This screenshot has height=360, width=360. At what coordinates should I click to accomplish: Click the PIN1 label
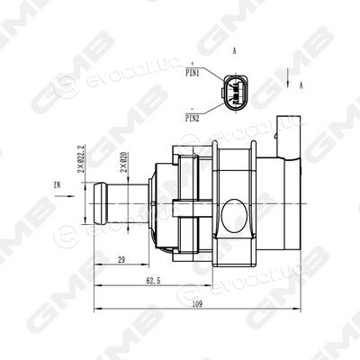[193, 73]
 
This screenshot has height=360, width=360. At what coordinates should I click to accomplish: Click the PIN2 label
[193, 119]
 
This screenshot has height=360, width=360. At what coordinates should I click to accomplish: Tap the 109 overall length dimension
[197, 304]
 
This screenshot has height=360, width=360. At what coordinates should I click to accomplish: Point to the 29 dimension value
[121, 260]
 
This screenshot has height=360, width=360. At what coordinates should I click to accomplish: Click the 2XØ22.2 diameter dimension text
[81, 159]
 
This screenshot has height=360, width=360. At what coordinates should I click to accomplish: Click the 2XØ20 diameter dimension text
[123, 162]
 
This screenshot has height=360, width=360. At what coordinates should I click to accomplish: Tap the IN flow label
[57, 185]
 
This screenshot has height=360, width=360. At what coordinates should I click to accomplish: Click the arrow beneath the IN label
[65, 196]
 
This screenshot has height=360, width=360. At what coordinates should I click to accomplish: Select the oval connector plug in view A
[236, 93]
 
